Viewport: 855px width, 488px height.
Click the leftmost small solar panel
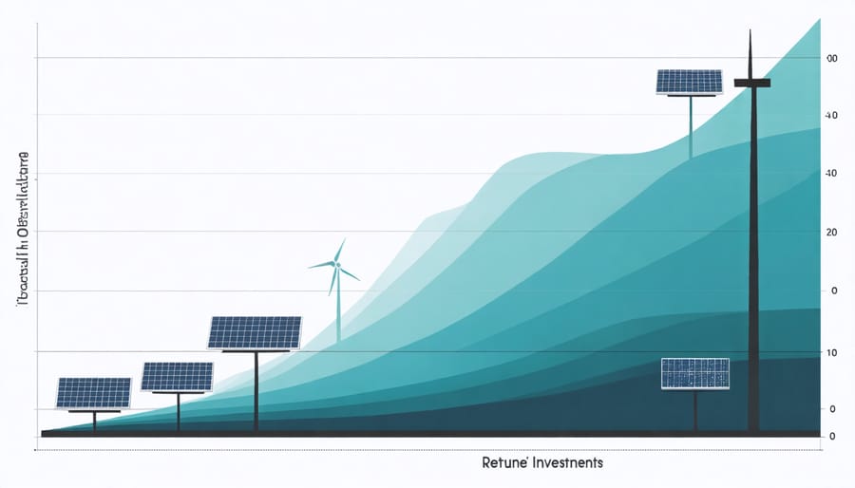(93, 393)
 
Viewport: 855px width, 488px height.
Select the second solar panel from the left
(178, 377)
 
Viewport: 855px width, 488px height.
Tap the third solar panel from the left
(255, 332)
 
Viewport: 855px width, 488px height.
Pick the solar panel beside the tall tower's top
(691, 82)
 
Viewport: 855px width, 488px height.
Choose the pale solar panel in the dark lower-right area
(695, 373)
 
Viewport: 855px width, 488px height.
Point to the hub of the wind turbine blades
(335, 266)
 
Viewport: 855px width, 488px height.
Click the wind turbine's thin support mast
(337, 309)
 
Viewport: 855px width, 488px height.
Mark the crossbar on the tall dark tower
(751, 84)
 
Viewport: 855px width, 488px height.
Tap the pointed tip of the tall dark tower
(750, 33)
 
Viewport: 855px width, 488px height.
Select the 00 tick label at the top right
(831, 59)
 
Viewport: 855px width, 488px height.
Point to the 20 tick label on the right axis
(832, 233)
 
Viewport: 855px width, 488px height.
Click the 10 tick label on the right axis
(832, 353)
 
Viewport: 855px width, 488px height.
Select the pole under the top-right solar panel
(691, 128)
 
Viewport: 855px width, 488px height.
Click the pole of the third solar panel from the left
(256, 389)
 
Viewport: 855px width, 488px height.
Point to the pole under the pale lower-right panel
(695, 408)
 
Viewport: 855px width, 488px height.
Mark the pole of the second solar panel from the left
(179, 411)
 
